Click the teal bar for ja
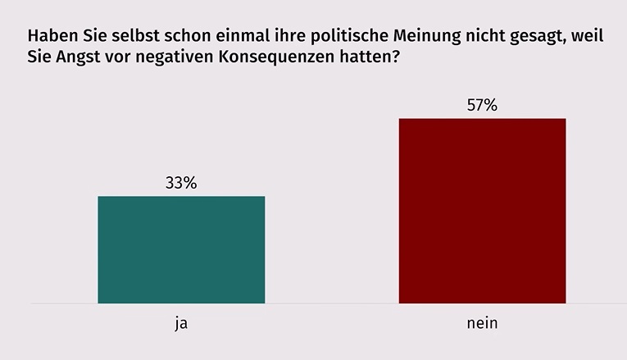coord(181,250)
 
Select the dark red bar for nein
coord(482,211)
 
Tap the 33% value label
coord(181,183)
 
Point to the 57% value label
coord(482,105)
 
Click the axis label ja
coord(181,323)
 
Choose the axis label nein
coord(482,323)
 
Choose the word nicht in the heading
coord(484,38)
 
